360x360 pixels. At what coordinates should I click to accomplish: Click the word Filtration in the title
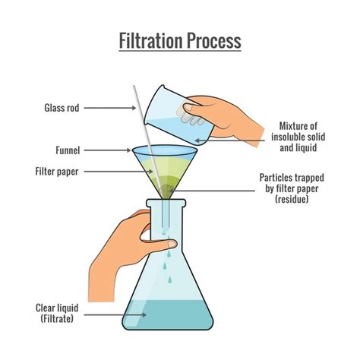149,40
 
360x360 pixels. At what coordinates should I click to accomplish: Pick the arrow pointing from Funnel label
106,150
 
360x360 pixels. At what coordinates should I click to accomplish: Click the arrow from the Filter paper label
118,172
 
